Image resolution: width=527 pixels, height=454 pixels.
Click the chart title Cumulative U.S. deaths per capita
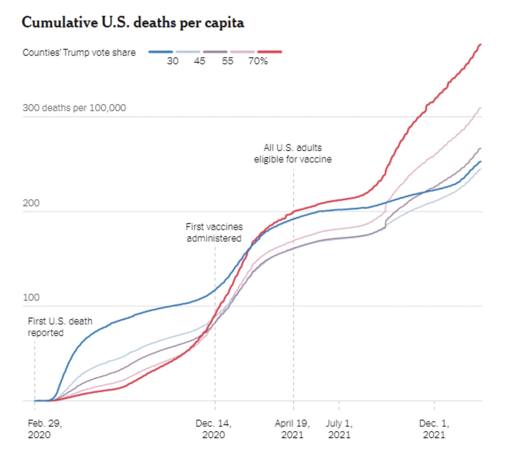133,23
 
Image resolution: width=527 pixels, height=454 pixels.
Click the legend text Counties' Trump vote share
79,52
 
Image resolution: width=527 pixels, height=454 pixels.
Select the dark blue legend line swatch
161,52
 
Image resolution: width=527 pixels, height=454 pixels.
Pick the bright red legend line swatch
269,52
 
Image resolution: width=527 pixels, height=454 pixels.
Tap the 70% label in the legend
258,61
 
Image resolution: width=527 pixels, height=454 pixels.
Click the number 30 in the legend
172,61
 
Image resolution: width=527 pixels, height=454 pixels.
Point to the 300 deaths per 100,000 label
74,108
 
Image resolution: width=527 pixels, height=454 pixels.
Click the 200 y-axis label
31,203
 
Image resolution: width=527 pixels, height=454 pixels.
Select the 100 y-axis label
31,298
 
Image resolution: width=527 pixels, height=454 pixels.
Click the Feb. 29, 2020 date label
45,429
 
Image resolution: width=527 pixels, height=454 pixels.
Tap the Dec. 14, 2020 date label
213,429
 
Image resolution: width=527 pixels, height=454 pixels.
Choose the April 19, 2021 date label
292,429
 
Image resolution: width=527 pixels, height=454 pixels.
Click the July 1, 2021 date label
339,429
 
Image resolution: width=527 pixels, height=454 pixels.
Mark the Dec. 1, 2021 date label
434,429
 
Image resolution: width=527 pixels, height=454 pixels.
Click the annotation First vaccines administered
214,233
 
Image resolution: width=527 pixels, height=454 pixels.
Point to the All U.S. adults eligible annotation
293,154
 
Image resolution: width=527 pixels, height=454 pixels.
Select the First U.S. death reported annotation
60,327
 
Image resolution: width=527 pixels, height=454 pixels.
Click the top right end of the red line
480,45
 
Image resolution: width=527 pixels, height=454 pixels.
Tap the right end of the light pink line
480,108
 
